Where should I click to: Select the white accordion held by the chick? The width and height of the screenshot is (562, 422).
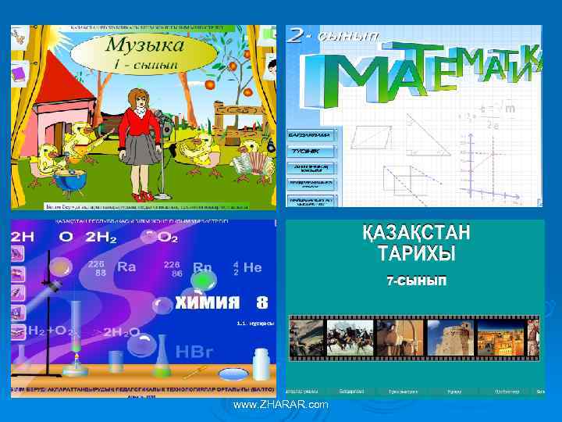click(x=252, y=161)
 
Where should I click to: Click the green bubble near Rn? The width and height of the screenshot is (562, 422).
click(x=203, y=280)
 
